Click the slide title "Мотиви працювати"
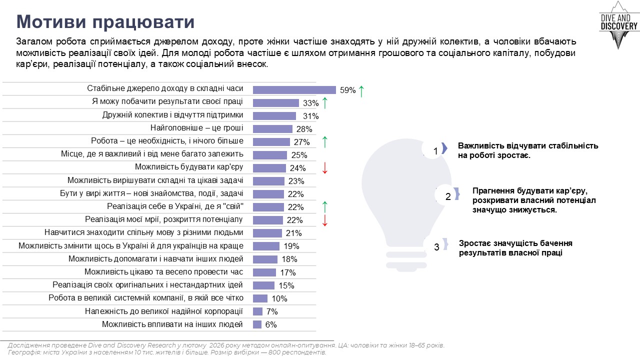tap(105, 22)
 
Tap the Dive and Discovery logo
tap(619, 25)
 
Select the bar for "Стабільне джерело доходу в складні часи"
tap(294, 90)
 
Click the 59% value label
tap(347, 90)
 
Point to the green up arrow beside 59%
tap(361, 90)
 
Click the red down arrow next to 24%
tap(324, 168)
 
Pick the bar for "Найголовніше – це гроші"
tap(272, 129)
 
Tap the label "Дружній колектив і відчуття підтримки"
tap(172, 115)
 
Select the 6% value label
tap(270, 324)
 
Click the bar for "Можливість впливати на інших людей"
tap(257, 324)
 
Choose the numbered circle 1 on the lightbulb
tap(435, 150)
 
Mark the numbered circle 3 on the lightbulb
tap(436, 247)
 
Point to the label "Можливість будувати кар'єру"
tap(189, 167)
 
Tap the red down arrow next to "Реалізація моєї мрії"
tap(324, 220)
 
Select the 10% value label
tap(279, 299)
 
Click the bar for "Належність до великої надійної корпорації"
tap(257, 311)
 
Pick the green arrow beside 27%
tap(324, 142)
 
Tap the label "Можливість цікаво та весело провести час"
tap(163, 272)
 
